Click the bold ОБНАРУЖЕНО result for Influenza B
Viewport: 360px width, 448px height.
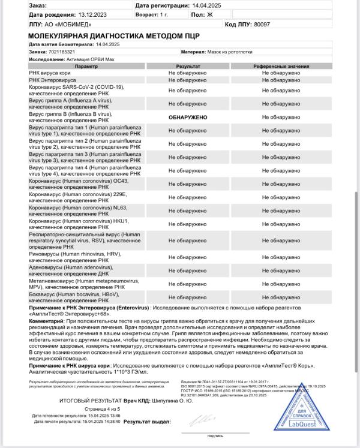pyautogui.click(x=188, y=118)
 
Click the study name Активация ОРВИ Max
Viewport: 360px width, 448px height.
pyautogui.click(x=86, y=59)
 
